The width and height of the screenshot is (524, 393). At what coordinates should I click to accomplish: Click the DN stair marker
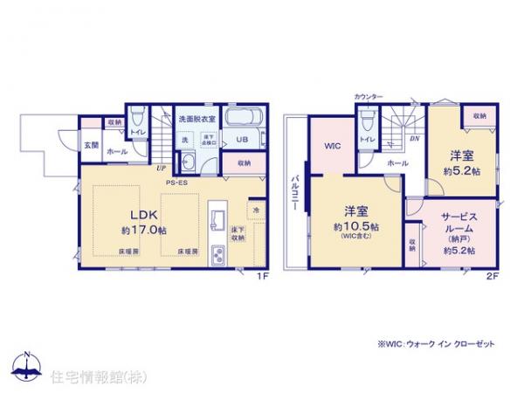pos(416,139)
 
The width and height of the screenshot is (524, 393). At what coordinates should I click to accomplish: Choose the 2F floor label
pos(493,278)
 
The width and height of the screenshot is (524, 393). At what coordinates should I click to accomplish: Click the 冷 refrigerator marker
pos(257,210)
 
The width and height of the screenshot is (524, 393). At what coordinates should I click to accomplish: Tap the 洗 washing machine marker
pos(185,141)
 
